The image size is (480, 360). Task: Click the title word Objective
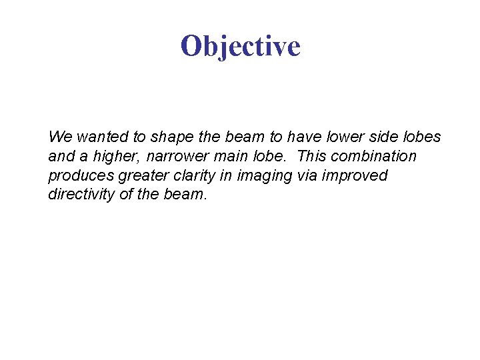tap(240, 46)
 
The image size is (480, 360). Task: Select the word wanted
tap(103, 137)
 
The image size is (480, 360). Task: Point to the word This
tap(314, 157)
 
